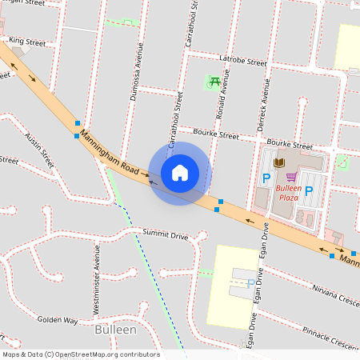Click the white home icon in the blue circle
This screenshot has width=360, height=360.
coord(180,173)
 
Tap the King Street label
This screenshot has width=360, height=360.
coord(27,41)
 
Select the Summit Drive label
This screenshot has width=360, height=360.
coord(165,235)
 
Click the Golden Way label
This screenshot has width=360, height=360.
coord(58,320)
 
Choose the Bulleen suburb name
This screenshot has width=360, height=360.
coord(115,330)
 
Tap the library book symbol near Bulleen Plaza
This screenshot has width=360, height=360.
coord(279,163)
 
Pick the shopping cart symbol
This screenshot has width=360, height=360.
coord(290,178)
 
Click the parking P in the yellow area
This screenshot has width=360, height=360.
coord(251,283)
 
